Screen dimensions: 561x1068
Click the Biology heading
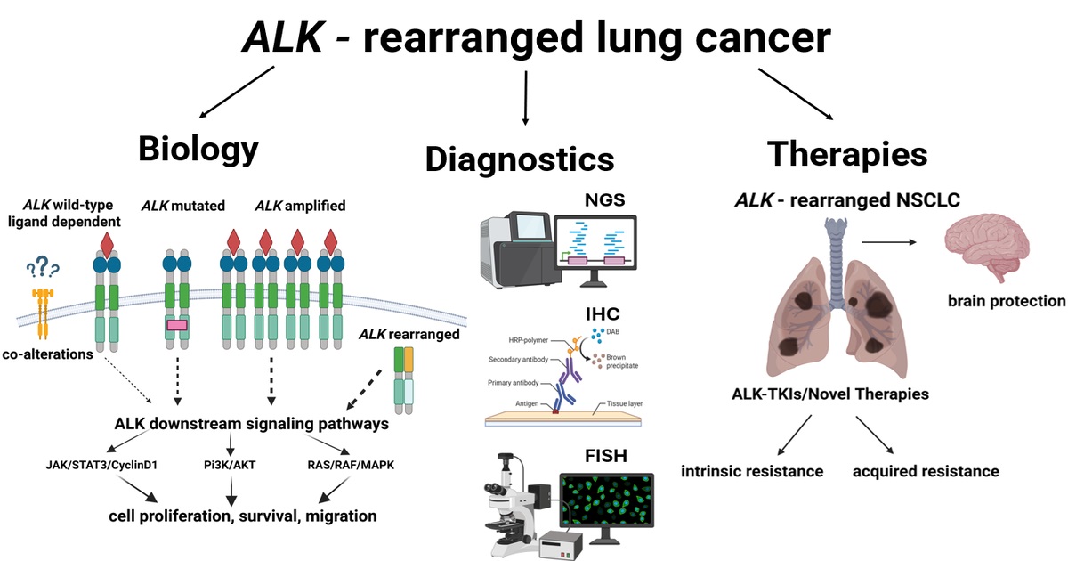coord(198,149)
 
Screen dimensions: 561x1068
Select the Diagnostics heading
coord(520,159)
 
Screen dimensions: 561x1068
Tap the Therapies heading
coord(847,153)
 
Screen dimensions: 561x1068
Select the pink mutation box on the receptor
coord(176,326)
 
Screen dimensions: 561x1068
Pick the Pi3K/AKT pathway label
coord(232,464)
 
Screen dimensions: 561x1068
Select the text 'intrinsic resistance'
coord(752,470)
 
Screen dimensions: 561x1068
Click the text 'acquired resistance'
coord(926,470)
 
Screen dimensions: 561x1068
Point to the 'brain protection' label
coord(1005,300)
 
